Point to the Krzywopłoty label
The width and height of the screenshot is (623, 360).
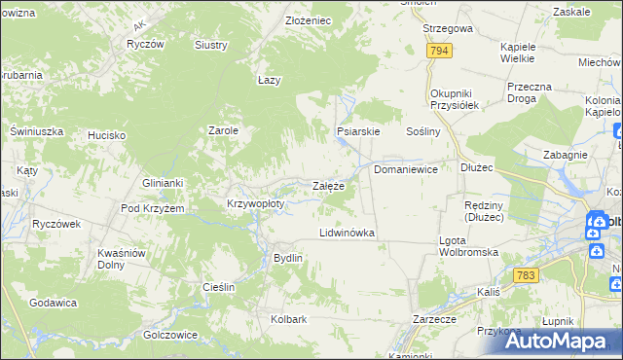255,204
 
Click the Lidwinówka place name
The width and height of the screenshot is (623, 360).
348,234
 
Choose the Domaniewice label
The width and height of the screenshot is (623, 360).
406,169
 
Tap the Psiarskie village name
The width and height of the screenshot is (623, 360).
357,130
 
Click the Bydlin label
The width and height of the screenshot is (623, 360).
289,258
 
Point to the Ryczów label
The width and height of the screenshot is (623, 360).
143,45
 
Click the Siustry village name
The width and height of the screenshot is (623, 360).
211,45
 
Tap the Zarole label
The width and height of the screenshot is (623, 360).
224,129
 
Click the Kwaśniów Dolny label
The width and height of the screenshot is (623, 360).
122,259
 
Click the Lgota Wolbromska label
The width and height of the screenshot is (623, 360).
468,245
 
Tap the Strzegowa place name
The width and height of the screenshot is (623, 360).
448,28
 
